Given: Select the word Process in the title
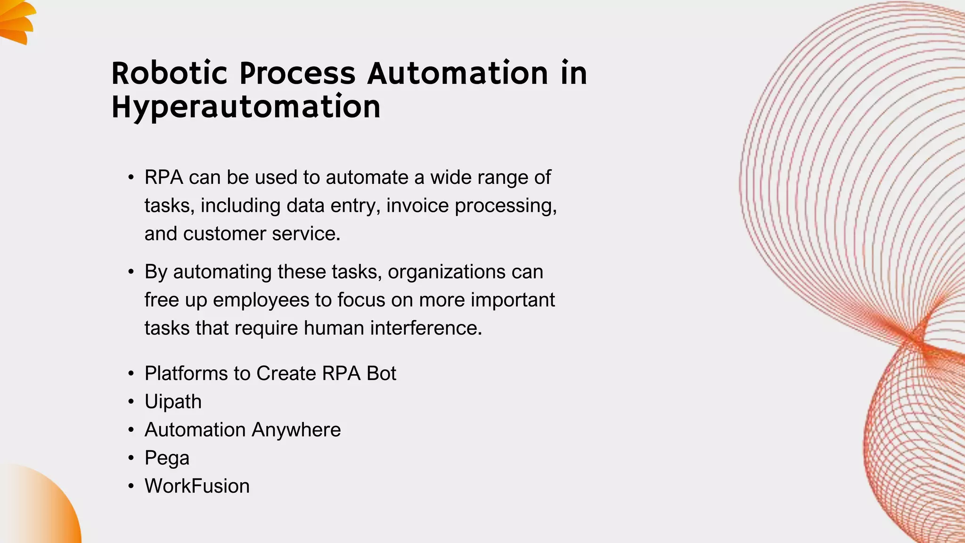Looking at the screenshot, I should tap(297, 74).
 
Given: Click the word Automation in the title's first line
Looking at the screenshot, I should tap(458, 74).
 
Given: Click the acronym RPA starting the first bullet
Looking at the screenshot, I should tap(164, 177).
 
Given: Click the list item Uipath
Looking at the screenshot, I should tap(173, 402).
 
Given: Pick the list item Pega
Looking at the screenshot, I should tap(167, 458).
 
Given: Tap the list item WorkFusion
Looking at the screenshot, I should tap(197, 486).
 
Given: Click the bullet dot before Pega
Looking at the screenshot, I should tap(131, 458).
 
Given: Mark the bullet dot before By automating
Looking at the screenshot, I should tap(131, 272).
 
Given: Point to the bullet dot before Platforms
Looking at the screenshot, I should tap(131, 374).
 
